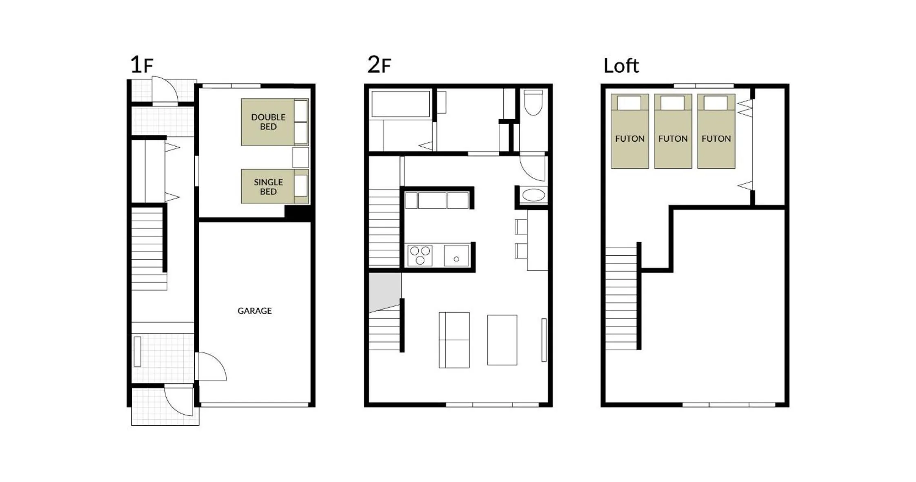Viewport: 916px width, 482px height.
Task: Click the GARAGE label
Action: (x=254, y=311)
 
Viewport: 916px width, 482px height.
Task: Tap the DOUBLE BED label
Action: (x=268, y=122)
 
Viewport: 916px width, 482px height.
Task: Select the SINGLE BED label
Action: (x=268, y=187)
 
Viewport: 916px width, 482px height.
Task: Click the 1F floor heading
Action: (x=141, y=65)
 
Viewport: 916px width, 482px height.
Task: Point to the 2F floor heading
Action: (x=379, y=65)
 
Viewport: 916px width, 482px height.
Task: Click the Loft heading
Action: (x=621, y=66)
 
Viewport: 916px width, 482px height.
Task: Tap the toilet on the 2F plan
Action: (x=533, y=103)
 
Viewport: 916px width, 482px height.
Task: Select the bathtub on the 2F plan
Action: (x=400, y=104)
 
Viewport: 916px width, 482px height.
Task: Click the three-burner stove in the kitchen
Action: (x=420, y=255)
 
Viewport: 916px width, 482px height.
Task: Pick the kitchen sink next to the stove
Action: (x=456, y=256)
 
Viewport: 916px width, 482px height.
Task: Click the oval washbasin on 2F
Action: (x=533, y=195)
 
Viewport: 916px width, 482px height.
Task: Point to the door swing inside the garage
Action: (x=211, y=366)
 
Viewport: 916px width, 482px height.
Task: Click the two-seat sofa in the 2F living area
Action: (x=454, y=340)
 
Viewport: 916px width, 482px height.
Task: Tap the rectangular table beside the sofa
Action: (x=502, y=340)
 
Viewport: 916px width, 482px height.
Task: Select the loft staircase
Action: (x=621, y=298)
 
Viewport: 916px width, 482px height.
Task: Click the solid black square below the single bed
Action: (x=298, y=213)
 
